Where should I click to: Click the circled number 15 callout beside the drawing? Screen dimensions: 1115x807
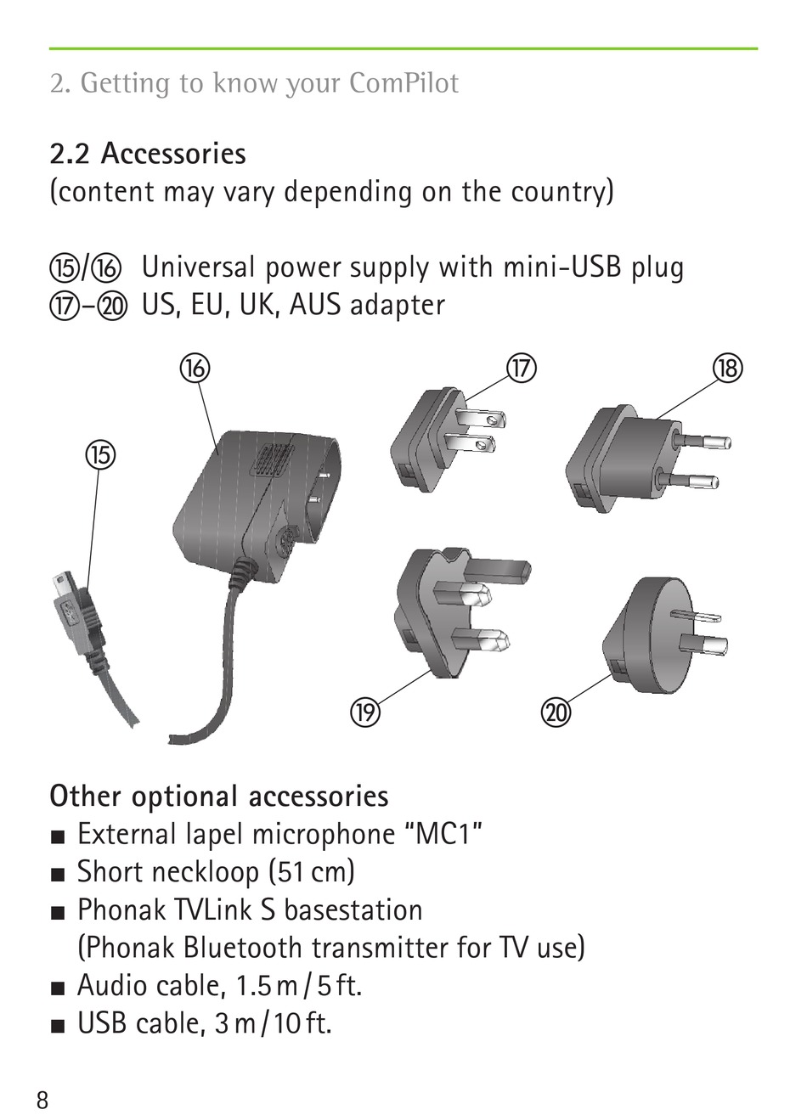[99, 454]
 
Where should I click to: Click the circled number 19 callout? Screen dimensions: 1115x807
[364, 712]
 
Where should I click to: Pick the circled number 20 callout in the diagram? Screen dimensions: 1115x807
[556, 712]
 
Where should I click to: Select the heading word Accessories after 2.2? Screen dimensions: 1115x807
[173, 154]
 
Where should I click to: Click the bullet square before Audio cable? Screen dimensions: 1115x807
[57, 988]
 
